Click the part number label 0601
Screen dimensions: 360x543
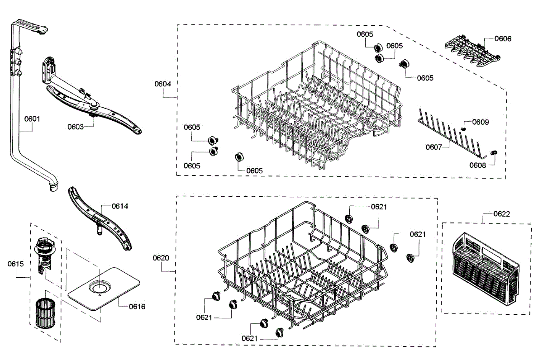coord(32,119)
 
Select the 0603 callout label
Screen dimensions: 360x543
coord(76,127)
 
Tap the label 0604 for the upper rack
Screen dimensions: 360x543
coord(162,84)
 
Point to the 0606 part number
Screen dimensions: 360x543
coord(503,39)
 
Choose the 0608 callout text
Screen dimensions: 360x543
coord(477,165)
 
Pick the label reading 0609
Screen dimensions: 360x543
coord(480,122)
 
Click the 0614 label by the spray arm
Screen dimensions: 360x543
coord(119,206)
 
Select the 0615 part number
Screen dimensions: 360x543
coord(15,263)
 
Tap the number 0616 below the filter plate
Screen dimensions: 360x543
coord(137,307)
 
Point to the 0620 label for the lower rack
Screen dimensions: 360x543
coord(161,258)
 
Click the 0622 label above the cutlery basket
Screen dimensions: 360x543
coord(501,214)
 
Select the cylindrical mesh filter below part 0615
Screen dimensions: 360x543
coord(44,312)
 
